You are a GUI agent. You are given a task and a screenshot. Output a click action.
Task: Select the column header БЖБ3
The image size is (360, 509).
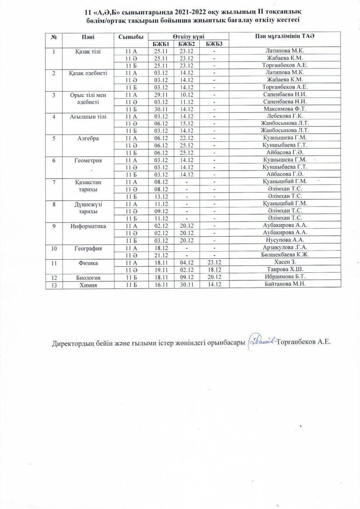pyautogui.click(x=215, y=44)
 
